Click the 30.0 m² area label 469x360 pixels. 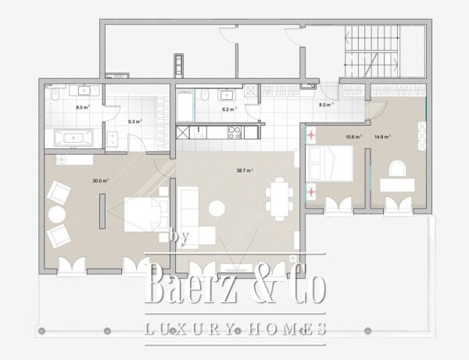(100, 180)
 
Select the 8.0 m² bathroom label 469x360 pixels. (80, 108)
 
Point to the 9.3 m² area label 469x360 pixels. (134, 121)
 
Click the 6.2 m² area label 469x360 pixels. (229, 110)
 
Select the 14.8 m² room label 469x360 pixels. (382, 137)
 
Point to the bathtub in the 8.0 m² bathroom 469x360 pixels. (73, 138)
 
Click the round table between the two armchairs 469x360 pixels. (56, 213)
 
